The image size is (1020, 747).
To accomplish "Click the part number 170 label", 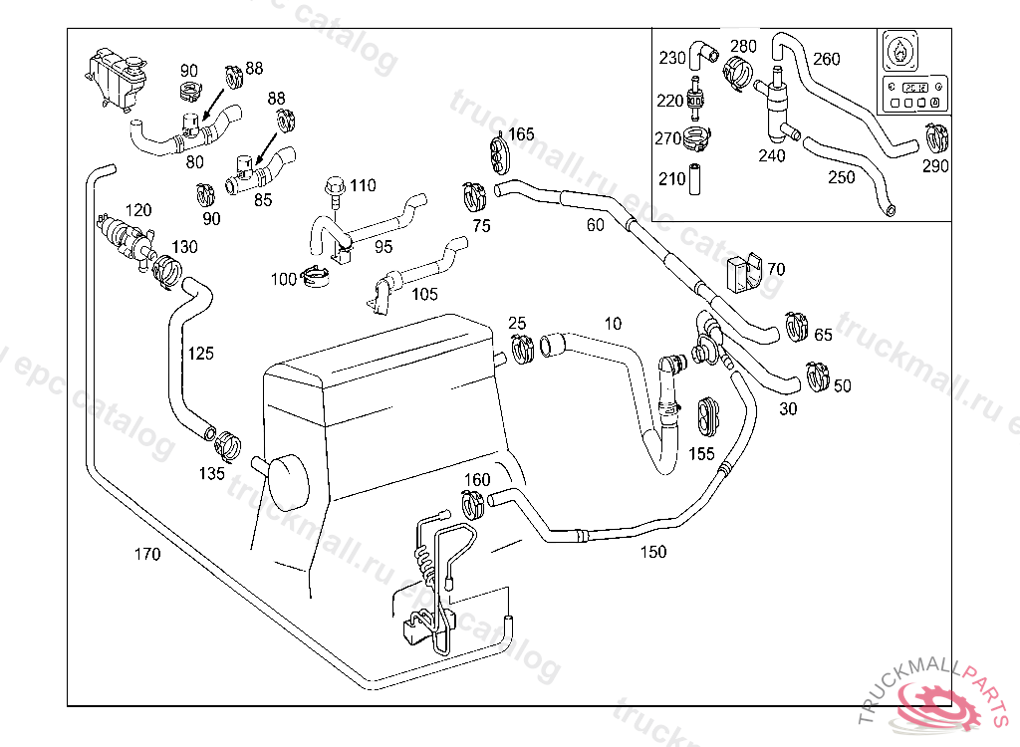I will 146,554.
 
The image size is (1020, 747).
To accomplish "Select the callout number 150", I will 653,552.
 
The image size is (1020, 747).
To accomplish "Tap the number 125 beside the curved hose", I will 200,353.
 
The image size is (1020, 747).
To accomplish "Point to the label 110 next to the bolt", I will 363,185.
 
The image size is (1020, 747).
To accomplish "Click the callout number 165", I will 521,133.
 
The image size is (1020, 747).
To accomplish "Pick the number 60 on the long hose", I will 595,225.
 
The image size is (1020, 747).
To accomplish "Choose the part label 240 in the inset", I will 771,154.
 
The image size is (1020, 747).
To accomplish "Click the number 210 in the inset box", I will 672,179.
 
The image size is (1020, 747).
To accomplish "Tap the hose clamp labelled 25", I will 521,349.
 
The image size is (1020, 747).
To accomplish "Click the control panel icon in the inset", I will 908,73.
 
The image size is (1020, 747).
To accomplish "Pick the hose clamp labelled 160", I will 473,504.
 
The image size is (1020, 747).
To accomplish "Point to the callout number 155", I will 701,454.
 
